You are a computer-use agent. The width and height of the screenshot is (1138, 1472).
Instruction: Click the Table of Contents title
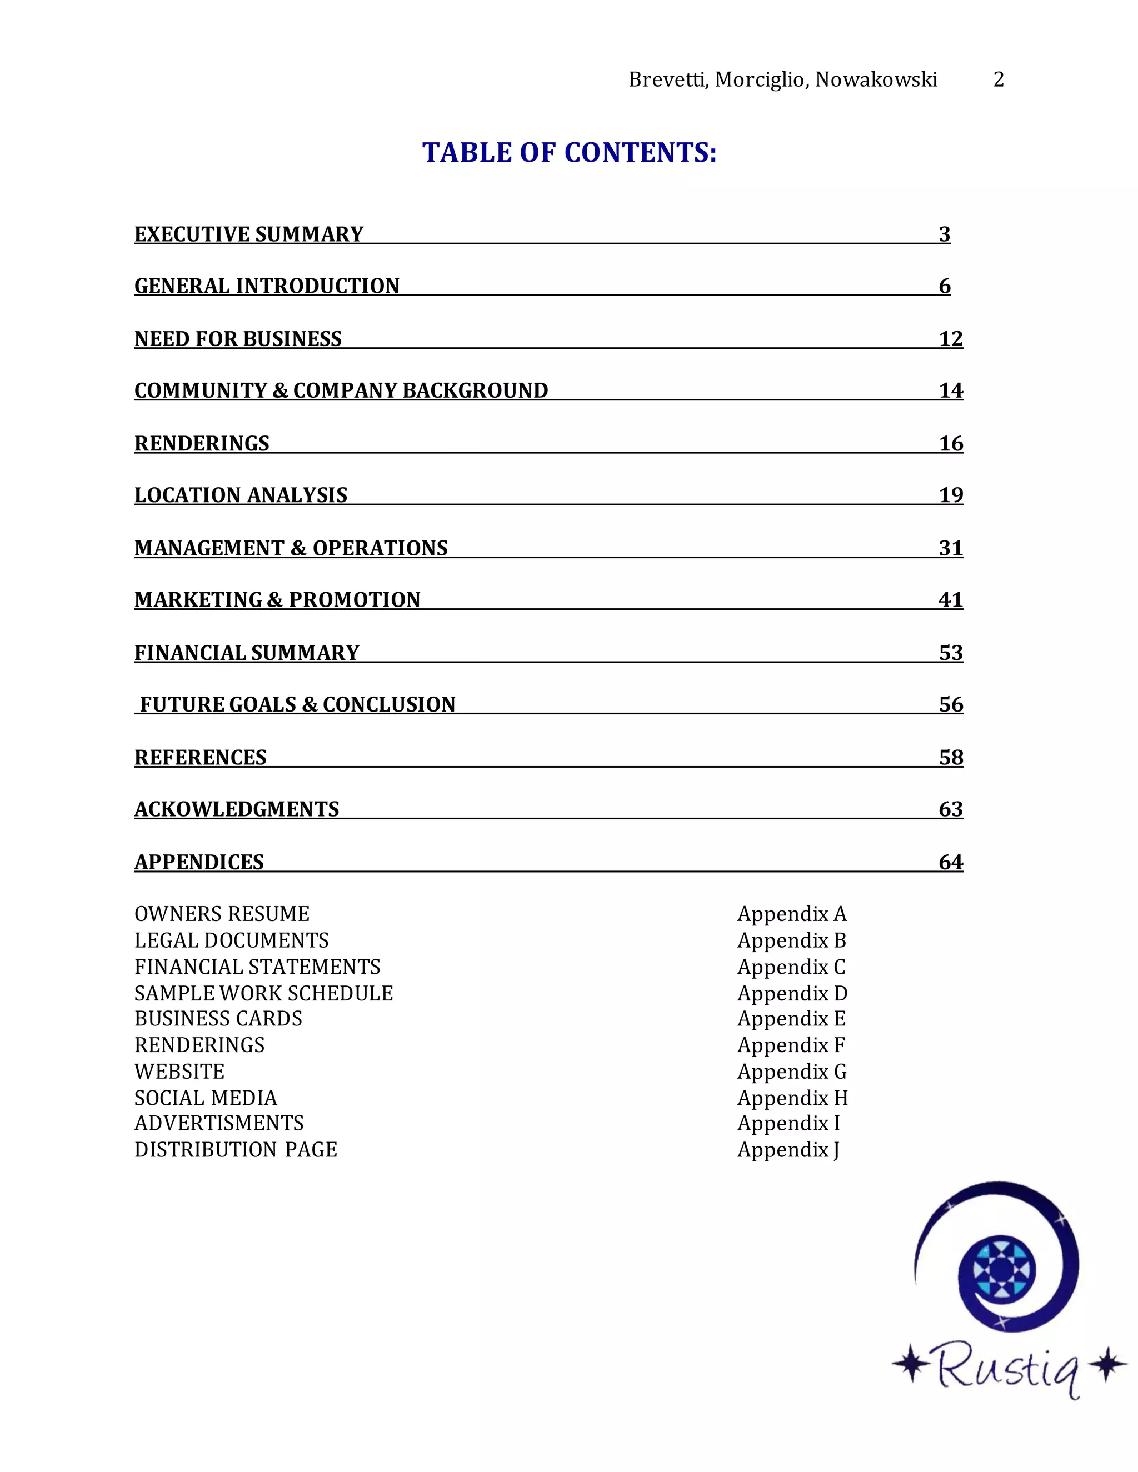pos(569,152)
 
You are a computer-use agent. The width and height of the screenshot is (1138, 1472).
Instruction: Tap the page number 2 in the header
pos(999,79)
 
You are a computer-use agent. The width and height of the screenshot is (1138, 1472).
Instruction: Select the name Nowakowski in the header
pos(876,79)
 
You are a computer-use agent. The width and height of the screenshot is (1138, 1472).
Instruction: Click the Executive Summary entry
pos(249,234)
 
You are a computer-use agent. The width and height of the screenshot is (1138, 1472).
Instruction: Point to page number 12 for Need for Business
pos(951,338)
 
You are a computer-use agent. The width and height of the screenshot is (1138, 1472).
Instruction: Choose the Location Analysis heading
pos(241,495)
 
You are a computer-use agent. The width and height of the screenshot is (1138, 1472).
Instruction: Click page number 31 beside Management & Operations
pos(951,547)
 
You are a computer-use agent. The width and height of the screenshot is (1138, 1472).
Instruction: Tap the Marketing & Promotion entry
pos(277,599)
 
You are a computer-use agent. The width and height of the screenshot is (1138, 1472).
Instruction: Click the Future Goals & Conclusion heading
pos(297,704)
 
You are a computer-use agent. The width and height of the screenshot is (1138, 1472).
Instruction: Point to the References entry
pos(200,757)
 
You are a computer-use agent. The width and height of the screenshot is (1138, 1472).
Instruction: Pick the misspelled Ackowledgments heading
pos(237,809)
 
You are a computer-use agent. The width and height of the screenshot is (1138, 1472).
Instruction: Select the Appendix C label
pos(791,967)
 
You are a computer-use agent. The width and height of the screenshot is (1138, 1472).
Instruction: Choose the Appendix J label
pos(788,1149)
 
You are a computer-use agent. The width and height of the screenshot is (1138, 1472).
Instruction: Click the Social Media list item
pos(206,1098)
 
